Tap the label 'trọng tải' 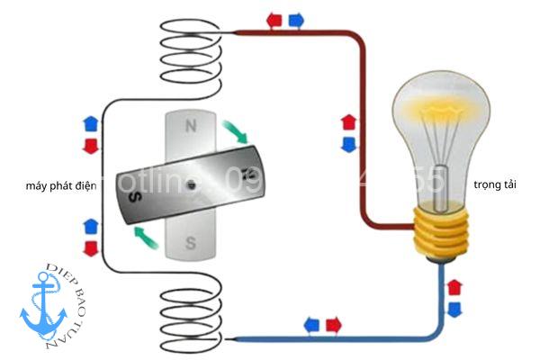click(x=494, y=184)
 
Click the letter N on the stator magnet click(x=190, y=127)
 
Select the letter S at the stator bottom click(x=190, y=242)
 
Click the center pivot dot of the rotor click(x=192, y=184)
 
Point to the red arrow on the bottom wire click(x=332, y=324)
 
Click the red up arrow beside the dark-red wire click(x=349, y=121)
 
